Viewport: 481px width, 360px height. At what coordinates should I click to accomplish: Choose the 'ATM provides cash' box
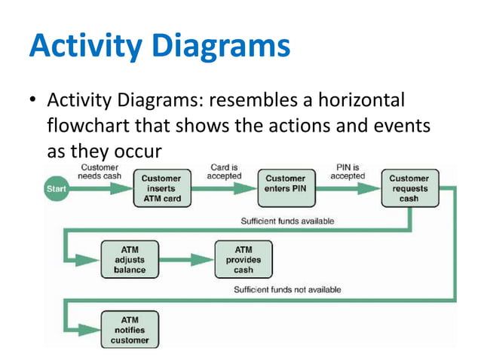tap(244, 258)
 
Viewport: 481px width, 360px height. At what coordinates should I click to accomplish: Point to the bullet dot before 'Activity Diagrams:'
tap(33, 100)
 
